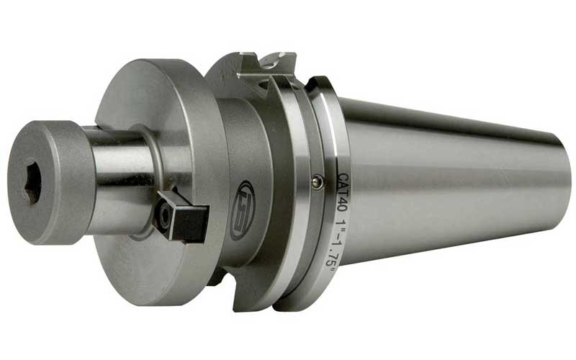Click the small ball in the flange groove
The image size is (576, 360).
[x=317, y=184]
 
